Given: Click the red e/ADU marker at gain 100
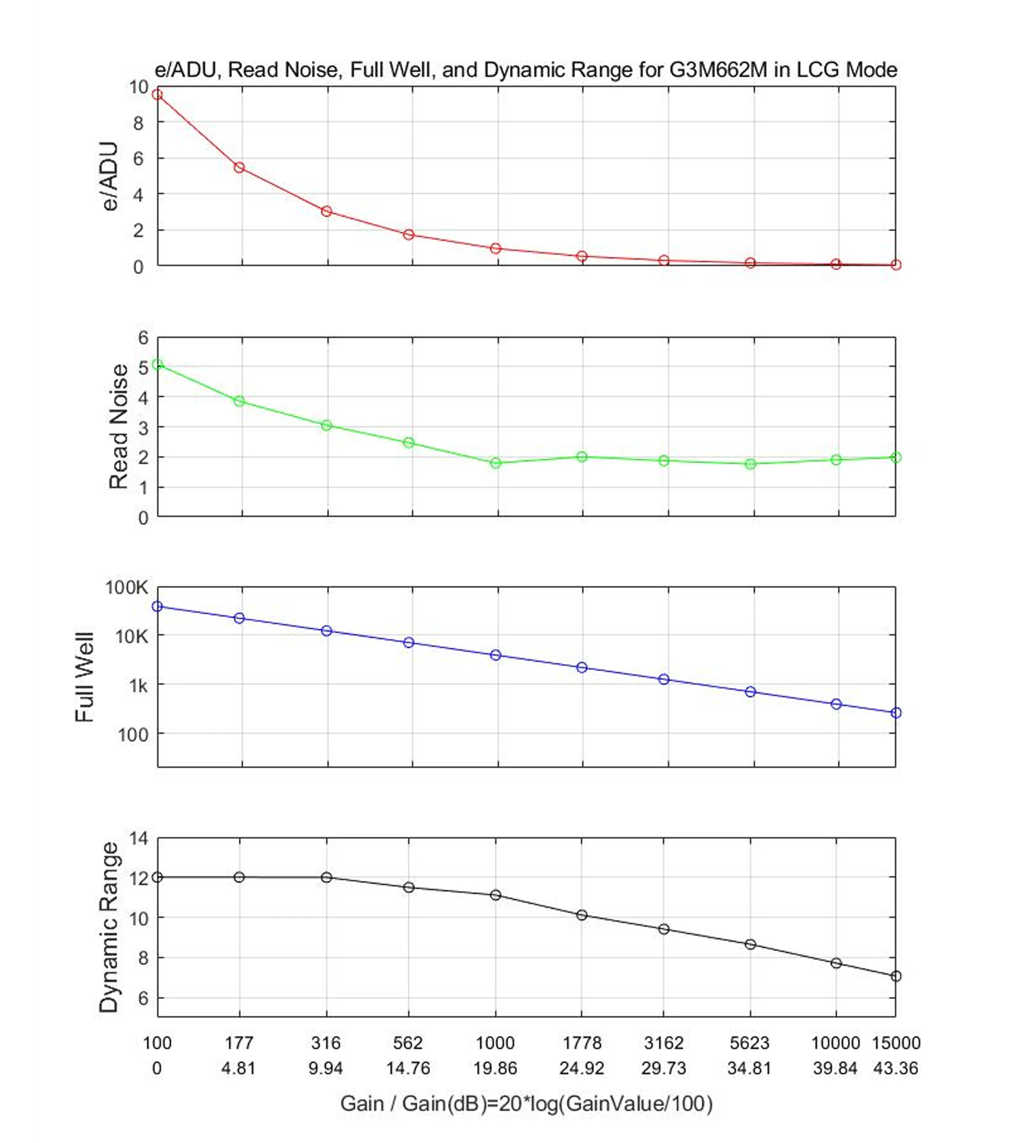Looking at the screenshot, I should click(x=158, y=95).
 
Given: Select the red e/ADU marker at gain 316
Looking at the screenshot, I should click(x=327, y=211).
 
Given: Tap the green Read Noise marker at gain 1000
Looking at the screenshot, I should click(x=495, y=463).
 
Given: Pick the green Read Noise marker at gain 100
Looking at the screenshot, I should click(x=158, y=364).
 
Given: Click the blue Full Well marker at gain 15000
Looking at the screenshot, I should click(x=896, y=713).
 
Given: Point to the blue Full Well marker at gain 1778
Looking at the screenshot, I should click(x=582, y=667).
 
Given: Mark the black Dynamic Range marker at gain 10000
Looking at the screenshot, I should click(x=836, y=963).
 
